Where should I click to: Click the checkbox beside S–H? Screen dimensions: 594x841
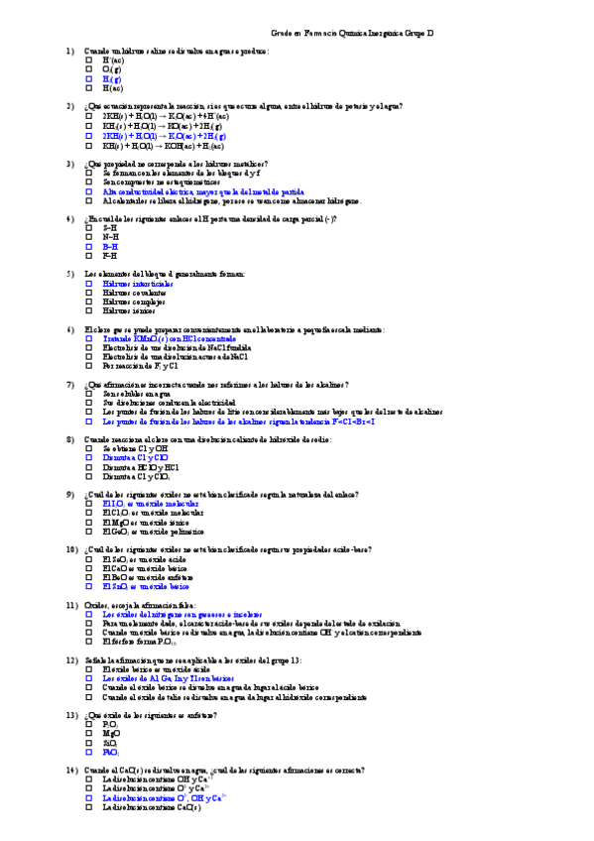point(88,227)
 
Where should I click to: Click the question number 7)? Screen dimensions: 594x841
point(70,383)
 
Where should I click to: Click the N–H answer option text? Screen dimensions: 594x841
point(110,236)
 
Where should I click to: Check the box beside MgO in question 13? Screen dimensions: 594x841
point(88,733)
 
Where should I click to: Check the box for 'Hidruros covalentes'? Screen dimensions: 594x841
point(88,292)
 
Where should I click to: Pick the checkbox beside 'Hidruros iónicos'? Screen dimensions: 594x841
point(88,309)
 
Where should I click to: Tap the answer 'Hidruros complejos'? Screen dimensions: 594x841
point(133,300)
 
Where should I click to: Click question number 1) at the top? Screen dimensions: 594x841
point(70,51)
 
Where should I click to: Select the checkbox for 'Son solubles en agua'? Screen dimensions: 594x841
point(88,393)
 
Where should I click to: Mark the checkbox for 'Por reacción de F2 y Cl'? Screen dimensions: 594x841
point(88,365)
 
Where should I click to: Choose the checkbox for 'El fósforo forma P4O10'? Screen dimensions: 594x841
point(88,641)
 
